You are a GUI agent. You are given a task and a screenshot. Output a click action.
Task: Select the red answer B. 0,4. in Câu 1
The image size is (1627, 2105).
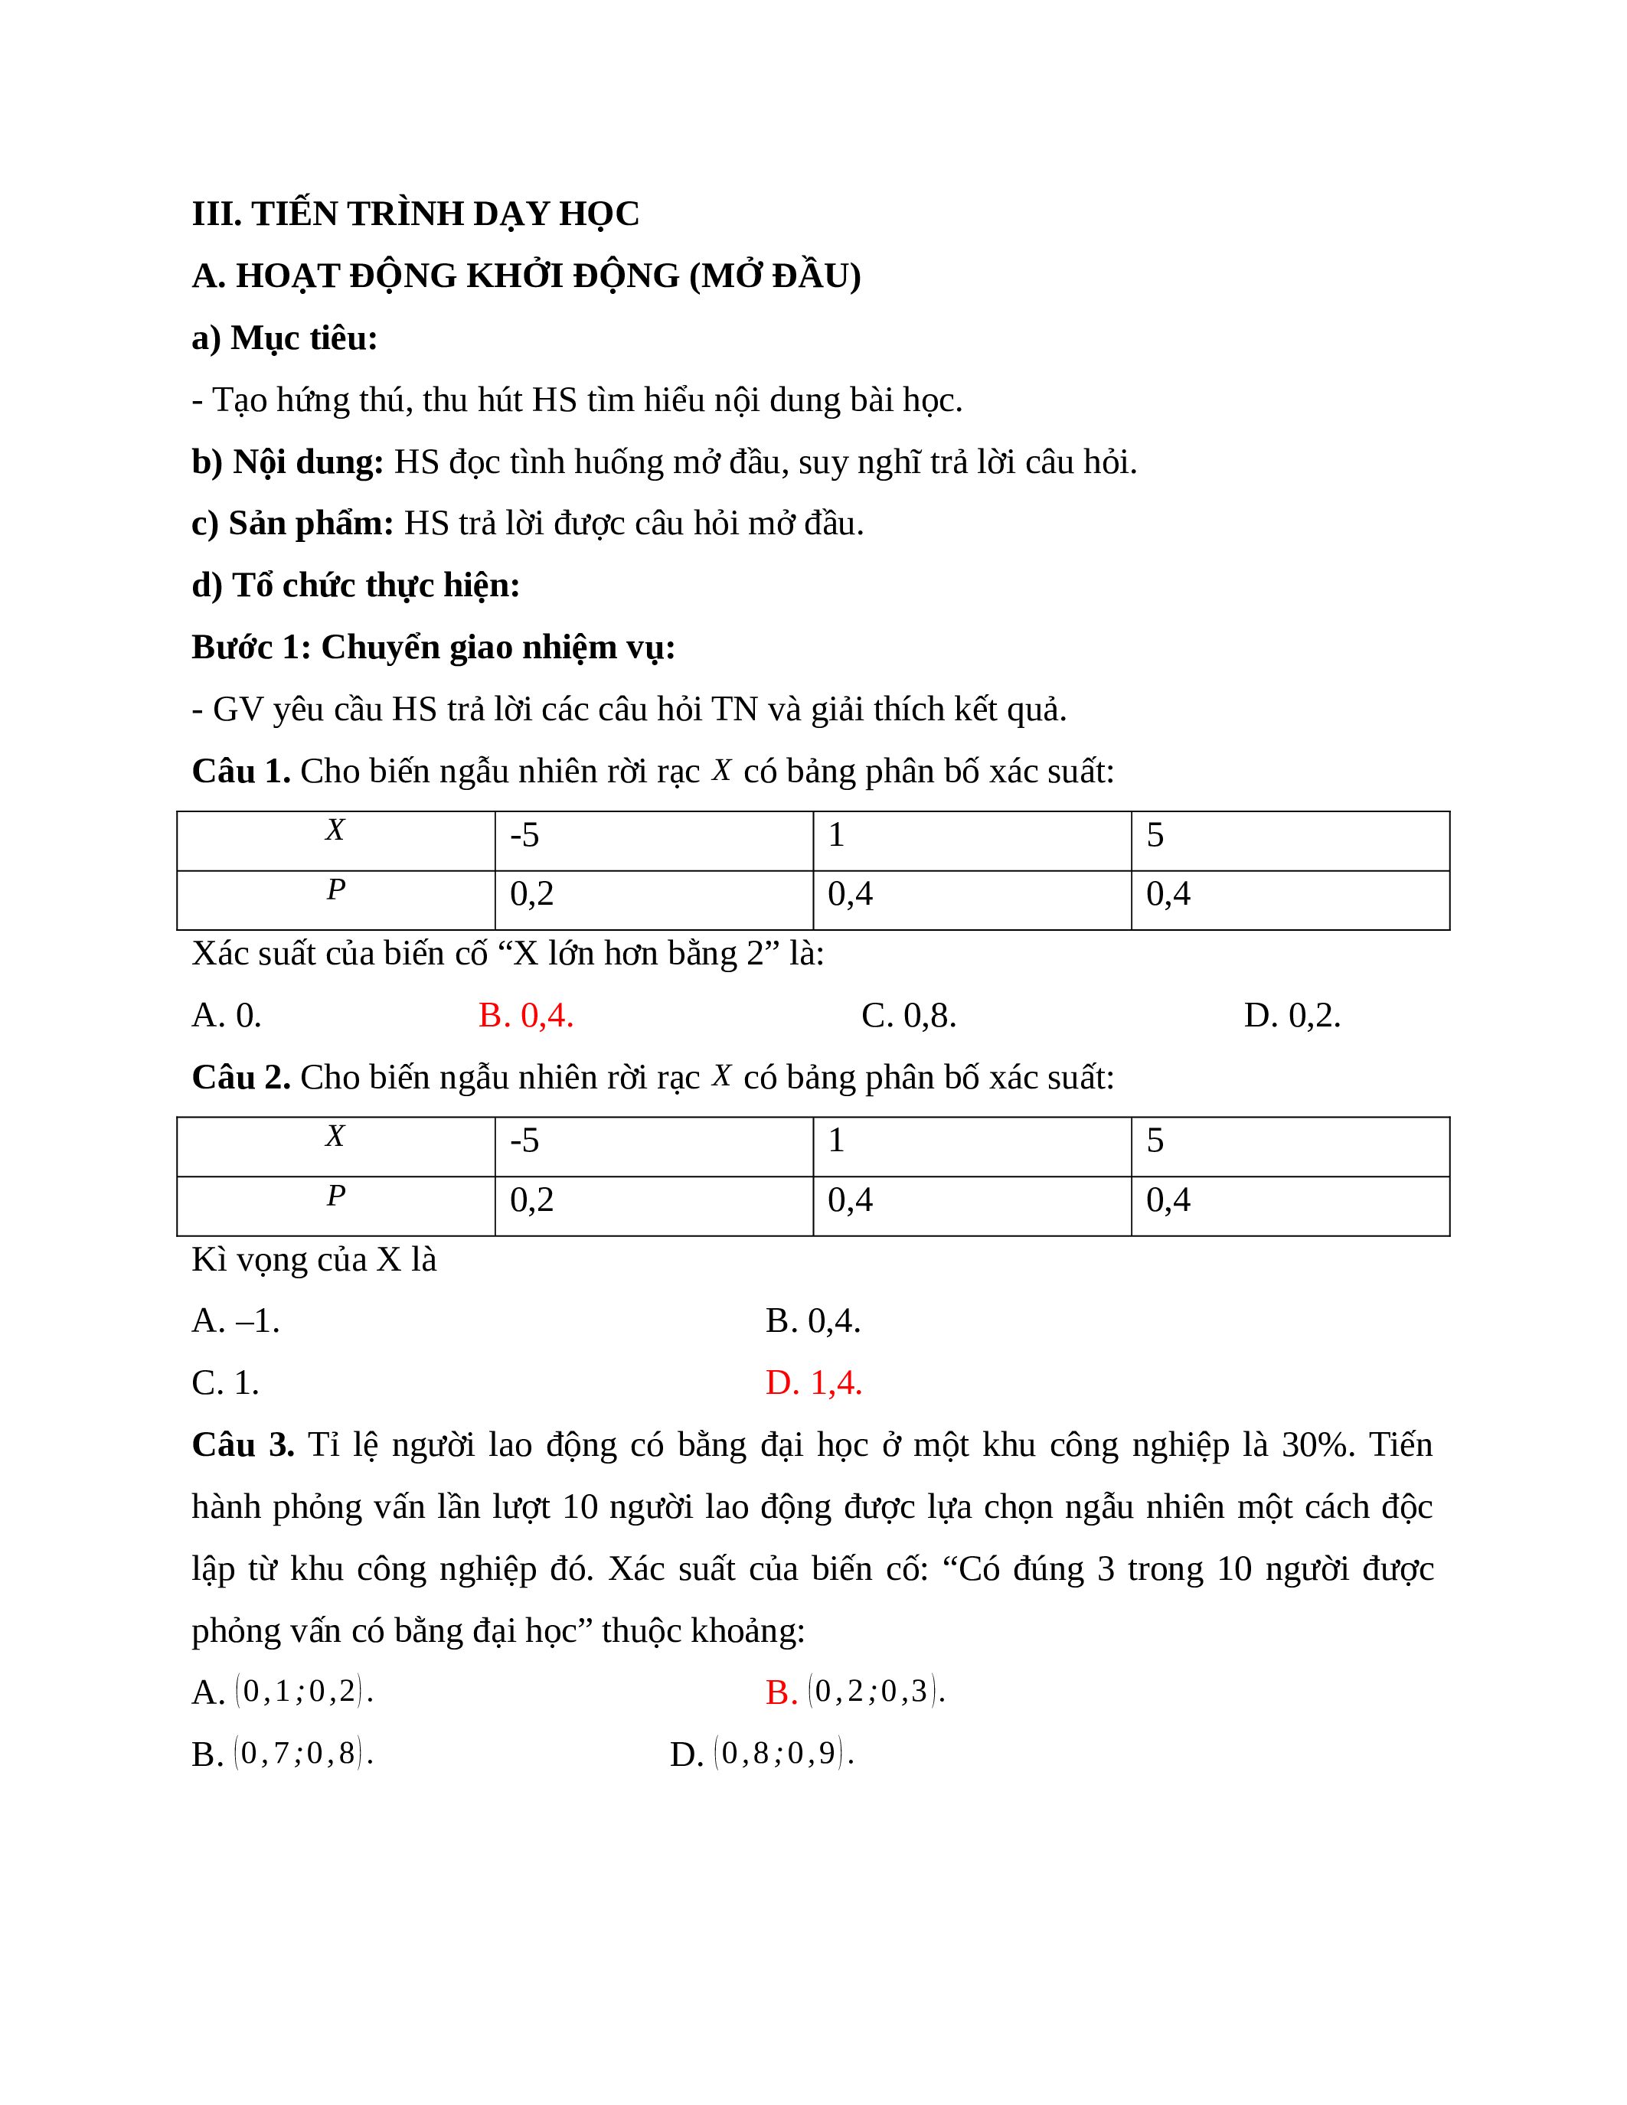pyautogui.click(x=525, y=1016)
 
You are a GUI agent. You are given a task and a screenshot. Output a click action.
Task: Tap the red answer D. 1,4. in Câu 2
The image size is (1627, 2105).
pyautogui.click(x=812, y=1383)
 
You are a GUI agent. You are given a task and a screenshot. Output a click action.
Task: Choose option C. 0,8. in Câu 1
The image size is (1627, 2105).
pyautogui.click(x=908, y=1016)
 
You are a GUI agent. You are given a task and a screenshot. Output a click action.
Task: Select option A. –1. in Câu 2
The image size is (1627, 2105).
pyautogui.click(x=235, y=1321)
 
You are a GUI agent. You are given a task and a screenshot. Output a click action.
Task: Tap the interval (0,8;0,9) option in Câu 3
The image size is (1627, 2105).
pyautogui.click(x=782, y=1753)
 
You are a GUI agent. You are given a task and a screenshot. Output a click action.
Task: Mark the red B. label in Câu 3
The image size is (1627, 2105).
pyautogui.click(x=781, y=1692)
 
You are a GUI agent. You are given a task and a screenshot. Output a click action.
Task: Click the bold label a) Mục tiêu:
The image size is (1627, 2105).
pyautogui.click(x=284, y=338)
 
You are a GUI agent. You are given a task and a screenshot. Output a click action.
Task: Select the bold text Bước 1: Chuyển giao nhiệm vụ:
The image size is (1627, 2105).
pyautogui.click(x=433, y=648)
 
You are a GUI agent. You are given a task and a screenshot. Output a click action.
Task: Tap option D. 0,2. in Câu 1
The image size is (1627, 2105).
pyautogui.click(x=1292, y=1016)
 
